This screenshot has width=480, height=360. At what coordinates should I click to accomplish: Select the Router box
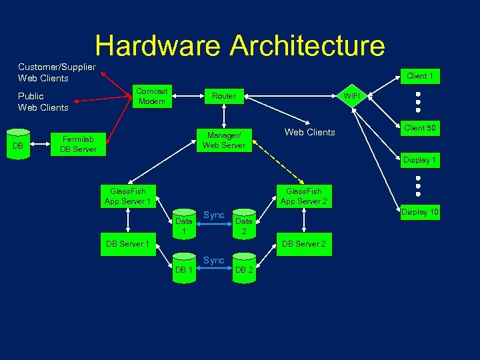pos(224,96)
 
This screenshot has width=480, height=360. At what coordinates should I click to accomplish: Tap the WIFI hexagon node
pos(351,96)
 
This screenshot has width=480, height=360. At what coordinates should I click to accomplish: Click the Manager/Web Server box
pos(224,140)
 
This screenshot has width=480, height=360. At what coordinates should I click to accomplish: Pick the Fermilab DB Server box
pos(79,144)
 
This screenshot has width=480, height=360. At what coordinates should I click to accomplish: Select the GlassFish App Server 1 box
pos(127,196)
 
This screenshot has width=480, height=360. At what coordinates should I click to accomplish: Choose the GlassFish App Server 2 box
pos(303,196)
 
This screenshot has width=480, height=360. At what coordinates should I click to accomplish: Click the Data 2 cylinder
pos(244,226)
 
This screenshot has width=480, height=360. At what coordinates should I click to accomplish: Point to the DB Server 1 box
pos(127,244)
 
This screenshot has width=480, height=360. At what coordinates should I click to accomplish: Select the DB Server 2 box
pos(303,244)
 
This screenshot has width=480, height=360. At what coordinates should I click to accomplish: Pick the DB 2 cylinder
pos(244,269)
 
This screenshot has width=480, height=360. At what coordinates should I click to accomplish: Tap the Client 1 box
pos(420,76)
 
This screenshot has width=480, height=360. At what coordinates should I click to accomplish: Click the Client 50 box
pos(420,128)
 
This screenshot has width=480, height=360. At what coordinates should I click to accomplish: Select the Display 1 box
pos(420,160)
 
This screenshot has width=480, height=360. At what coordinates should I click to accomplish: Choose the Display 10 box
pos(420,213)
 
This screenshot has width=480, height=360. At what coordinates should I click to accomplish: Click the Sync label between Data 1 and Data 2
pos(213,215)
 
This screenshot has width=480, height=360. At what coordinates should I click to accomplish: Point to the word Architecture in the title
pos(307,45)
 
